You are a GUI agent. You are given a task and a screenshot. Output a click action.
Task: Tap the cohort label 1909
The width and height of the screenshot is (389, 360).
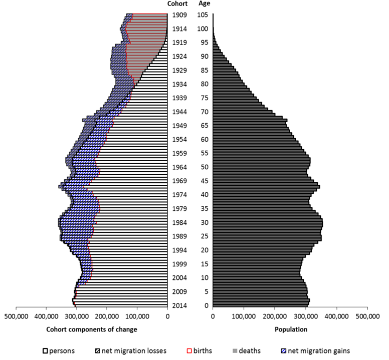point(179,15)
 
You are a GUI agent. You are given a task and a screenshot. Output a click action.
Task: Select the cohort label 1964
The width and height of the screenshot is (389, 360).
point(179,167)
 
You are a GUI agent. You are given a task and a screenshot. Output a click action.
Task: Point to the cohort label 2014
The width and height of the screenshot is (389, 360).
point(179,305)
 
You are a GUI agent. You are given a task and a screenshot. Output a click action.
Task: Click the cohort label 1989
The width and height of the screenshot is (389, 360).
point(179,236)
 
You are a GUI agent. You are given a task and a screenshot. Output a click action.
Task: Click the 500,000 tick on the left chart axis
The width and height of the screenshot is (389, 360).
point(16,316)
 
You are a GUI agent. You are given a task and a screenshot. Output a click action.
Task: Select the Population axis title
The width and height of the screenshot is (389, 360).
point(291,329)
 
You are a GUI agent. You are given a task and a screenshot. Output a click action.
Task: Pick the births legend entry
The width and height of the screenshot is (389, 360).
point(200,350)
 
